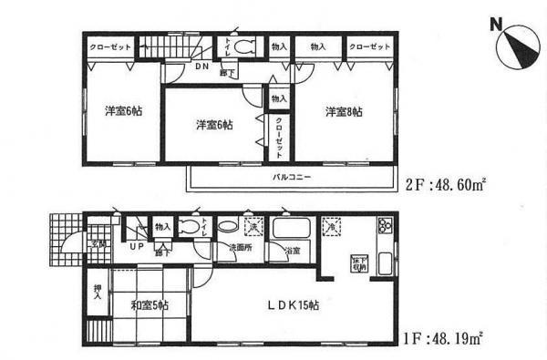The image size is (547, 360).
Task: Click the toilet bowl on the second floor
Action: click(242, 47)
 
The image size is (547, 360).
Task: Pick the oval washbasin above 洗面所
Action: click(228, 227)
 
